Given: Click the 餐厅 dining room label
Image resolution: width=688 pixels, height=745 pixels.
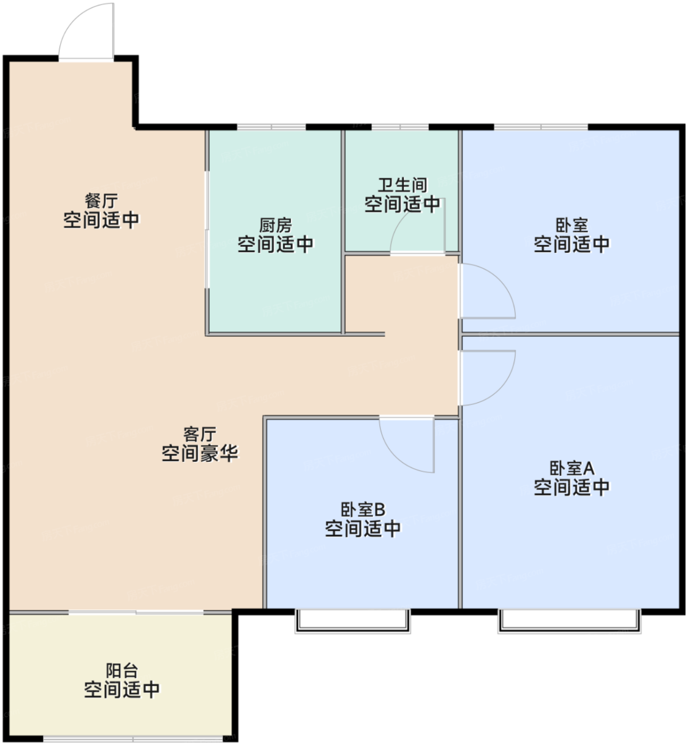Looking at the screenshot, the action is click(x=101, y=201).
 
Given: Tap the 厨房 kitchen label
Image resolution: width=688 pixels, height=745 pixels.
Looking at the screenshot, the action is click(x=275, y=226).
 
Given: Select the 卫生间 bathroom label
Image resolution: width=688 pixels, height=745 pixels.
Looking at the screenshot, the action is click(x=402, y=185).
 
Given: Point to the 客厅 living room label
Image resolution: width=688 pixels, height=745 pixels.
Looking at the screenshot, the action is click(x=200, y=435).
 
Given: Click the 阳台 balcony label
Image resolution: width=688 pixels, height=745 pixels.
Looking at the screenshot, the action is click(x=122, y=671).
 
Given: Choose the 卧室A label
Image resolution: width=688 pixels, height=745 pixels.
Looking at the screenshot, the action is click(x=572, y=468).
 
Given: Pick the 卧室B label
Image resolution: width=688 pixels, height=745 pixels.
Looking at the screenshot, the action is click(x=363, y=510).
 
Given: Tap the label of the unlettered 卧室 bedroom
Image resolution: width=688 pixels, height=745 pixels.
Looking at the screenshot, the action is click(x=572, y=226).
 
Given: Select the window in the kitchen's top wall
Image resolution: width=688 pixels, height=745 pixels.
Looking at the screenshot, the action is click(x=272, y=127).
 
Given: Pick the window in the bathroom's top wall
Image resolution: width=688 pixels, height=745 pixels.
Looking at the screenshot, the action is click(x=400, y=127).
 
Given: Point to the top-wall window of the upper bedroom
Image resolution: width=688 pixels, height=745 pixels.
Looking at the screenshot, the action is click(x=541, y=127).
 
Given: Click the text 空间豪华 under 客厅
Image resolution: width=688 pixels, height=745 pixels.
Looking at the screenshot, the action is click(x=200, y=453).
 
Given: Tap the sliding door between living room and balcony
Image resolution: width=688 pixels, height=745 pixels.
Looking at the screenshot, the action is click(x=136, y=612).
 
